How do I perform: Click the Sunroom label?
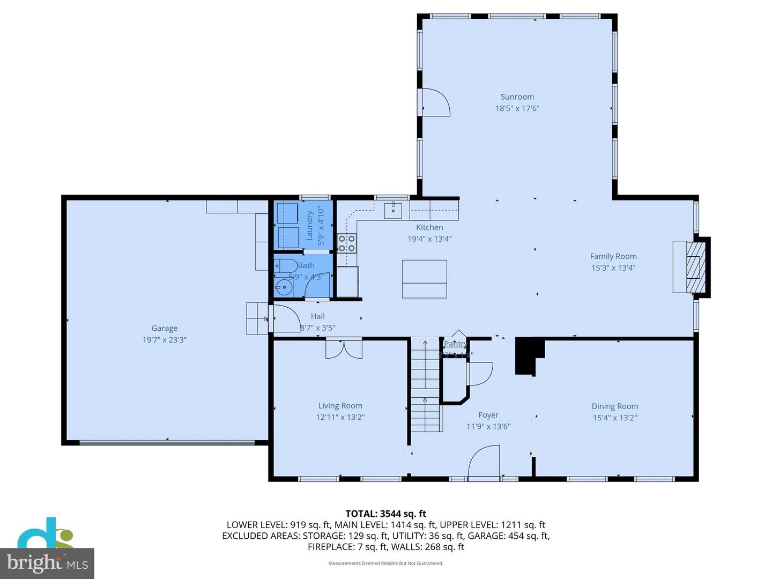click(517, 97)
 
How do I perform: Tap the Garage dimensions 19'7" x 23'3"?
click(165, 340)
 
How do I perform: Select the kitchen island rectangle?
click(424, 279)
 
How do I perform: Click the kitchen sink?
click(393, 210)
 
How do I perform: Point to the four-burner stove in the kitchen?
click(346, 243)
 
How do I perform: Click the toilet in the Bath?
click(285, 265)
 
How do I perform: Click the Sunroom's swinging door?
click(435, 102)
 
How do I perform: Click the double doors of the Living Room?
click(344, 348)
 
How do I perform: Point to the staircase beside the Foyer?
click(425, 385)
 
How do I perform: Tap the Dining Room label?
click(615, 406)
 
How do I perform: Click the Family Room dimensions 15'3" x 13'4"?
click(613, 268)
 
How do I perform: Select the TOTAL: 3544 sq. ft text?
click(385, 514)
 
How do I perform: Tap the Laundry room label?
click(309, 225)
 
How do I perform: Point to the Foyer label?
click(488, 415)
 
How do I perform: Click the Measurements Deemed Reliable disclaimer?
click(385, 563)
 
